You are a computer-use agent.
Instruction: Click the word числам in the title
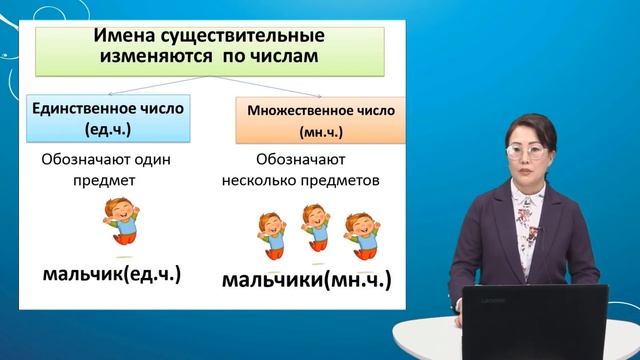click(x=285, y=57)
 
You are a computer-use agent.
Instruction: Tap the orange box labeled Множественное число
click(x=315, y=121)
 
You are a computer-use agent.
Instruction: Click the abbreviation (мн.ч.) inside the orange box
click(x=315, y=131)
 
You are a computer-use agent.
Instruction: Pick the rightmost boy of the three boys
click(x=363, y=231)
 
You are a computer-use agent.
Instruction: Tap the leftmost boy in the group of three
click(x=271, y=233)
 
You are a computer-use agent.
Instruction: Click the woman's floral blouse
click(x=525, y=225)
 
